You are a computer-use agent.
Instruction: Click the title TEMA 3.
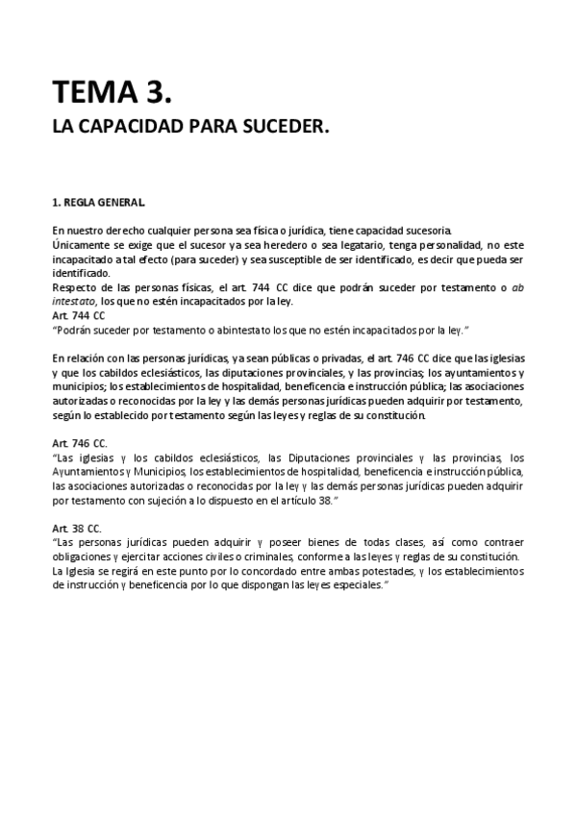click(113, 92)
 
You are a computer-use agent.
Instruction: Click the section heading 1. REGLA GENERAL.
click(99, 203)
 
